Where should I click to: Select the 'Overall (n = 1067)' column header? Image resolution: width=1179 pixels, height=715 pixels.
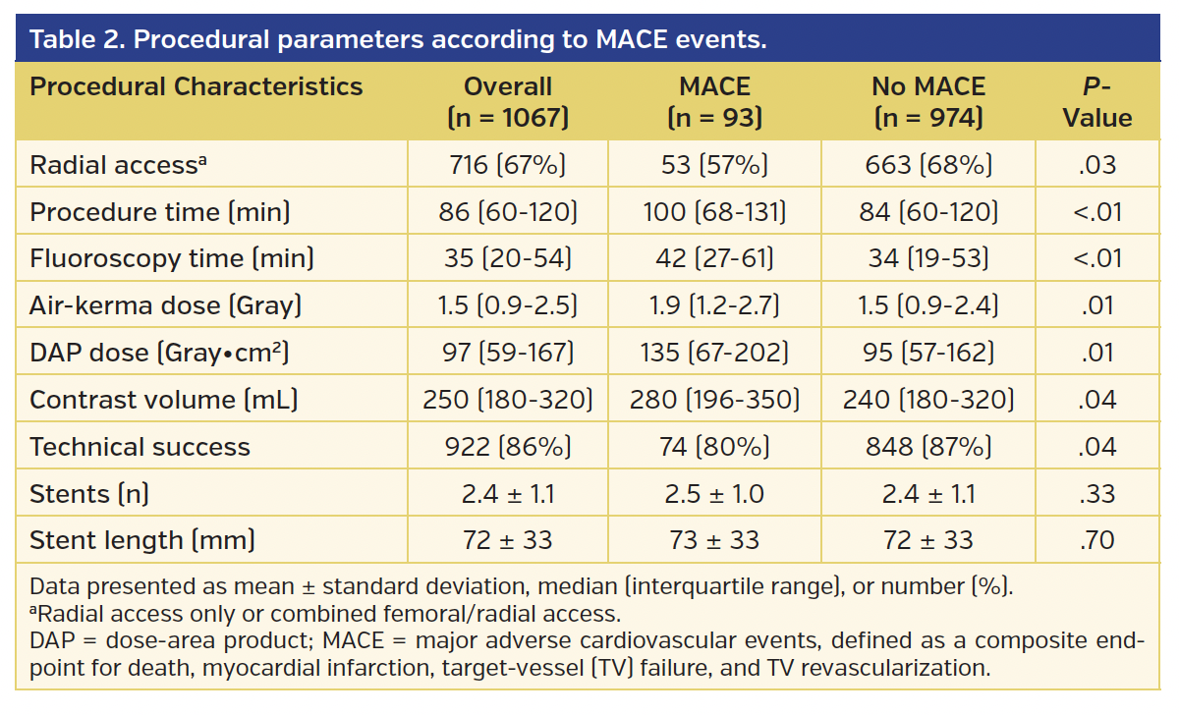[508, 102]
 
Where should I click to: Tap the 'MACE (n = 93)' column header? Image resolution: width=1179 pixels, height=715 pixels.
[714, 102]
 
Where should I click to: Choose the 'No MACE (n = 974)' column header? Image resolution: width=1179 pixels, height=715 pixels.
[928, 102]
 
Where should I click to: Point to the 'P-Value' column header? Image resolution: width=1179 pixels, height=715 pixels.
[1096, 102]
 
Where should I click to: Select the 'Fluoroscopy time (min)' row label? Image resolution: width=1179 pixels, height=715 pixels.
[172, 258]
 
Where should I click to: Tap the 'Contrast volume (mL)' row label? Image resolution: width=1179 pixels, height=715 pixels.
[164, 400]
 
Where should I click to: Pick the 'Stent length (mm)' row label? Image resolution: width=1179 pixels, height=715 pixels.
[142, 540]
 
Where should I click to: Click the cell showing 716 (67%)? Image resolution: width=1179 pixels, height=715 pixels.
[508, 165]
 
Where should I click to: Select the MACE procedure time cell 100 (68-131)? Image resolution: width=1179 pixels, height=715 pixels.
[714, 212]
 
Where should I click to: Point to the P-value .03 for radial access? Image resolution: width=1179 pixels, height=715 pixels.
[1096, 165]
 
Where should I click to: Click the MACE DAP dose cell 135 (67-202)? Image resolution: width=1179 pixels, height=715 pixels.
[714, 353]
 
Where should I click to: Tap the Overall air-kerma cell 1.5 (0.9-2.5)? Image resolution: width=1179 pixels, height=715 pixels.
[508, 305]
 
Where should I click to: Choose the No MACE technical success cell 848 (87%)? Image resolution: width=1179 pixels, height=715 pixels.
[928, 447]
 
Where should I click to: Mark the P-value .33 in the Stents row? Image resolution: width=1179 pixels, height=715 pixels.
[1096, 494]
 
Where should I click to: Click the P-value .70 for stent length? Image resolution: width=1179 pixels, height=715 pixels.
[1096, 540]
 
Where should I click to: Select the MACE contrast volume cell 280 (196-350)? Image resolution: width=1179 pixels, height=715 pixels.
[714, 400]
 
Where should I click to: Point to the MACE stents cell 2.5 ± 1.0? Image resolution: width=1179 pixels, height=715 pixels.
[714, 494]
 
